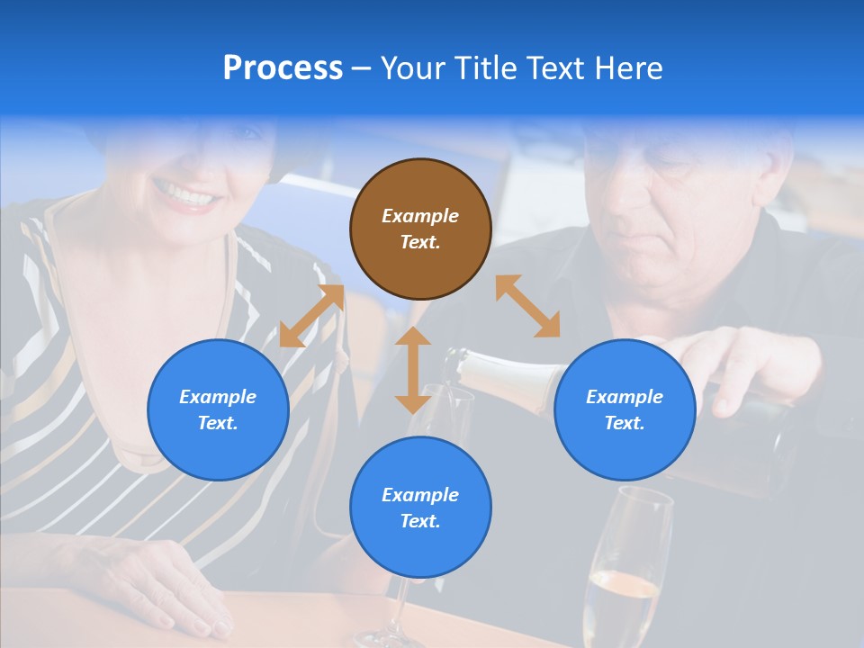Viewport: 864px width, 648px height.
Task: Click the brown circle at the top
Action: coord(420,229)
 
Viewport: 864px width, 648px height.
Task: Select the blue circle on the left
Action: coord(218,410)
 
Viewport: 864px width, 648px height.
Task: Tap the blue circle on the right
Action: coord(625,410)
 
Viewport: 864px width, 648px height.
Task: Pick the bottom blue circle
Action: coord(420,508)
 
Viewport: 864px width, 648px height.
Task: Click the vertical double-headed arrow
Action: coord(413,370)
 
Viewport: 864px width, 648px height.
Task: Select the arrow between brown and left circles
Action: coord(311,316)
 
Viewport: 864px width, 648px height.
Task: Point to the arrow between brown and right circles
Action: coord(527,306)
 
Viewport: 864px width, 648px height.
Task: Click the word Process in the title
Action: coord(283,68)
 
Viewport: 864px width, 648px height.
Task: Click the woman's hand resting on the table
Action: coord(171,589)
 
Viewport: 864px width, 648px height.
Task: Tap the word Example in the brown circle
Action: coord(420,216)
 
